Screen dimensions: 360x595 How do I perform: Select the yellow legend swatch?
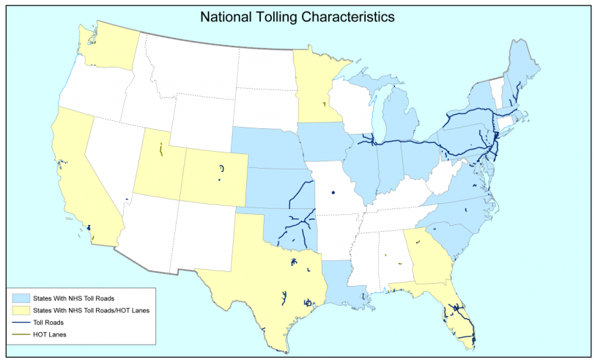(x=21, y=311)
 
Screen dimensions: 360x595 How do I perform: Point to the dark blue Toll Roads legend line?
(x=21, y=323)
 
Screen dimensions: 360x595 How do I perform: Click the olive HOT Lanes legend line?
(x=21, y=335)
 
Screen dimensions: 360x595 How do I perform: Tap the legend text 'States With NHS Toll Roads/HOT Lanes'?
(x=92, y=311)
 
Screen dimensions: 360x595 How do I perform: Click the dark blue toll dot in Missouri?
(x=332, y=194)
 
